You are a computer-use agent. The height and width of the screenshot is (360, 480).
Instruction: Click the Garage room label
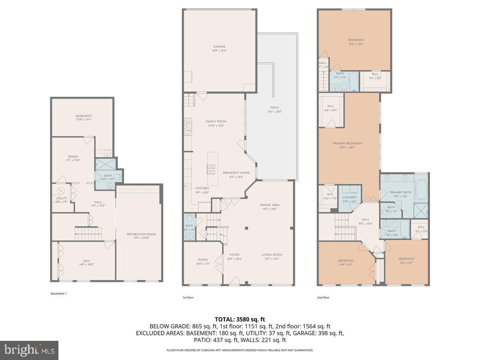click(x=219, y=47)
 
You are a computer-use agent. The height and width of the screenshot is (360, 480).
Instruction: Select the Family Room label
click(x=216, y=122)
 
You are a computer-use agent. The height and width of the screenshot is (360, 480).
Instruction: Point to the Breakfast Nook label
click(x=236, y=173)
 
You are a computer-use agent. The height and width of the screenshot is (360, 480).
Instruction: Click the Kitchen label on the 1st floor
click(x=202, y=188)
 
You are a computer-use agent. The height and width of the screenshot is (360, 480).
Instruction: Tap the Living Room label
click(x=272, y=254)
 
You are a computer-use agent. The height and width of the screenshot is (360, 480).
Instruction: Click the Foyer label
click(x=234, y=254)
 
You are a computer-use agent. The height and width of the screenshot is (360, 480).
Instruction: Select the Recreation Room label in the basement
click(x=142, y=234)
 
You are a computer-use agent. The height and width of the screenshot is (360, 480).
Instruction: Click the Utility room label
click(x=62, y=198)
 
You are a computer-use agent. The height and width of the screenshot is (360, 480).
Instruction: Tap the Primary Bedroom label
click(x=347, y=143)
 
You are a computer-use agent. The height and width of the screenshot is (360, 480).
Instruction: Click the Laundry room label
click(x=350, y=197)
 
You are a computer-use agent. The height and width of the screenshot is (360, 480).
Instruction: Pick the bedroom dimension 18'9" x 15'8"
click(x=356, y=44)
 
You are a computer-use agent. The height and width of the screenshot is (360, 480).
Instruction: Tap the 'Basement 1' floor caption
click(x=58, y=294)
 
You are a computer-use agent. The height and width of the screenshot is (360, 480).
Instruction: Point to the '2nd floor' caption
click(x=323, y=297)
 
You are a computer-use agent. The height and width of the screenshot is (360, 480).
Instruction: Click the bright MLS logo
click(x=29, y=350)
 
